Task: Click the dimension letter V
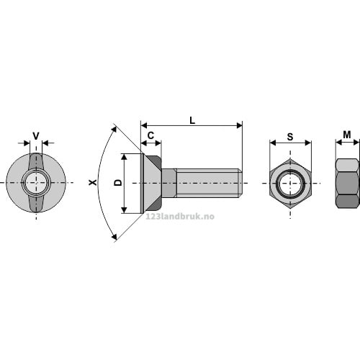[36, 136]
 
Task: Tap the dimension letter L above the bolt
[192, 120]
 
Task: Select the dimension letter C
[150, 135]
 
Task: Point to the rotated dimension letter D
[118, 183]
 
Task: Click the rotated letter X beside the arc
[93, 182]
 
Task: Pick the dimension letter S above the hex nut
[290, 137]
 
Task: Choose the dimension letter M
[347, 135]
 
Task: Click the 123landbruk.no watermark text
[180, 217]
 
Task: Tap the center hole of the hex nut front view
[290, 184]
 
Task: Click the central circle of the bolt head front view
[36, 183]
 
